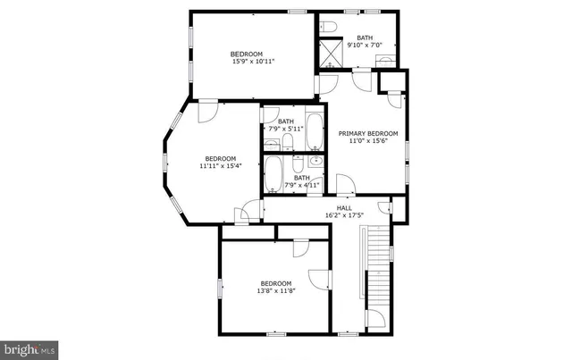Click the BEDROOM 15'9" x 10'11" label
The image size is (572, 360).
(253, 57)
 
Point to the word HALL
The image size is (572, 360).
(343, 207)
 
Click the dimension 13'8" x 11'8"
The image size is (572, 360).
(276, 291)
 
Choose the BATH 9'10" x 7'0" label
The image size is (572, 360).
(364, 41)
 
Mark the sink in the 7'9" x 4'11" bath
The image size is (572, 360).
(315, 161)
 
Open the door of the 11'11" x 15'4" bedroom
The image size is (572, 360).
(206, 111)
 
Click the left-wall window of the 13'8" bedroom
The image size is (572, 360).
(221, 289)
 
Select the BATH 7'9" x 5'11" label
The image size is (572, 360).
(285, 125)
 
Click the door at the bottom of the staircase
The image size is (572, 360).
(375, 320)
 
